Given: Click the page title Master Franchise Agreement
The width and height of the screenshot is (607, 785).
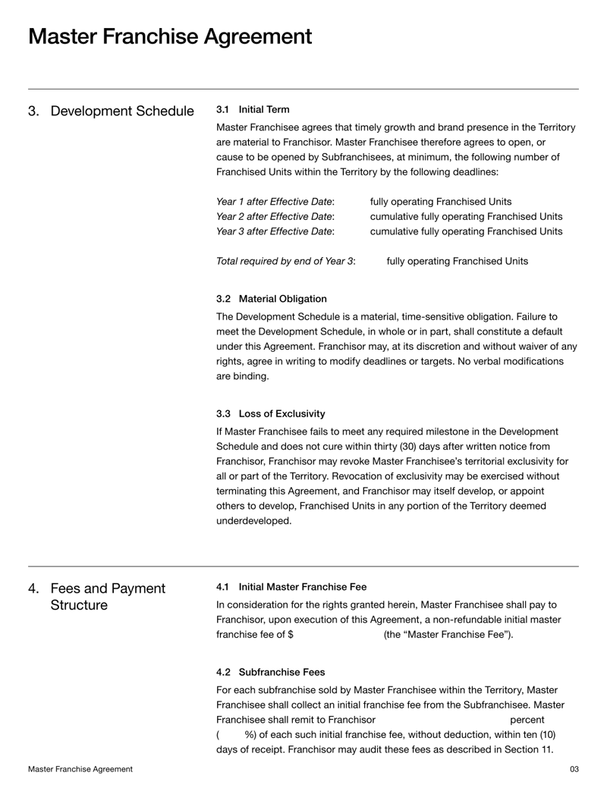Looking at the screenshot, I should click(x=170, y=36).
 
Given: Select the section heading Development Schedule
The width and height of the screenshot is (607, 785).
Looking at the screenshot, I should click(x=121, y=111).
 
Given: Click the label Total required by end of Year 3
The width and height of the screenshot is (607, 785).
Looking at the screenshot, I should click(x=286, y=262).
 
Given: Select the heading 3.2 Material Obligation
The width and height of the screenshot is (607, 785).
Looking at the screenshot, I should click(x=272, y=299).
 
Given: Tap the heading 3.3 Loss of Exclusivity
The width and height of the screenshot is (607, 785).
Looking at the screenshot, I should click(x=270, y=413).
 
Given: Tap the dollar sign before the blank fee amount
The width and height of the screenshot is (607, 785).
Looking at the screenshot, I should click(x=291, y=635).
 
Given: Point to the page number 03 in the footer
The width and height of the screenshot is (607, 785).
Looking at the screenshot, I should click(x=574, y=769).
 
